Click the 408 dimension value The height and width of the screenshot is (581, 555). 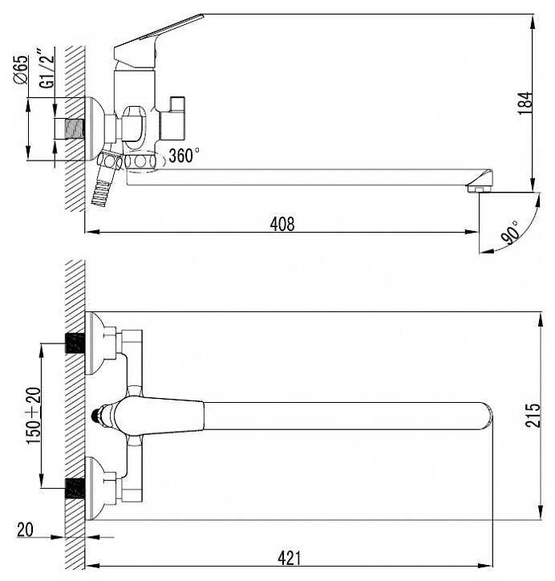tap(282, 224)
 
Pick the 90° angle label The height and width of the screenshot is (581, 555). tap(508, 233)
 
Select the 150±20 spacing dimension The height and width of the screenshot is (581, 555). tap(32, 416)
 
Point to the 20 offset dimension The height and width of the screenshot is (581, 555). tap(24, 530)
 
